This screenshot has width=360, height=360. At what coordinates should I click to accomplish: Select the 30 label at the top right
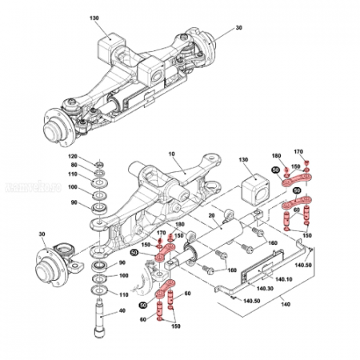(x=238, y=28)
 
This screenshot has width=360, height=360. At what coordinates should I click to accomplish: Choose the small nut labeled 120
(x=99, y=163)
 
